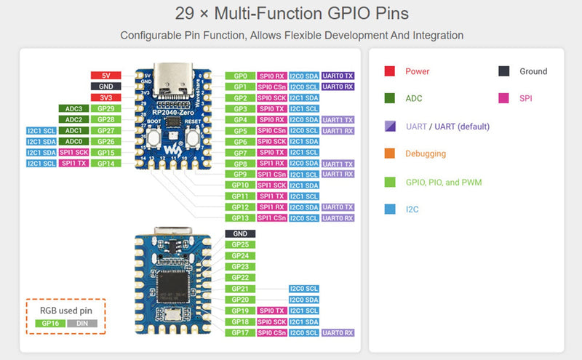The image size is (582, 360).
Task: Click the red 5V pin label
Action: click(105, 76)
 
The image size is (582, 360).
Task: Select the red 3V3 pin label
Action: click(105, 97)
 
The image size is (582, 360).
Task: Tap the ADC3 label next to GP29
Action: click(73, 108)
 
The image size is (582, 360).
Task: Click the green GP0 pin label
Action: click(240, 76)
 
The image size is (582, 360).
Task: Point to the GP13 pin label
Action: click(240, 217)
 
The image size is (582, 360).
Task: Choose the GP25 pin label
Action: click(240, 244)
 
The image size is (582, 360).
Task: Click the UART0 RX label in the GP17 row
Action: click(338, 332)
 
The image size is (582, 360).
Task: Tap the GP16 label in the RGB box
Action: click(49, 322)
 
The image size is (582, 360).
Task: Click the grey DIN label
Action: click(82, 322)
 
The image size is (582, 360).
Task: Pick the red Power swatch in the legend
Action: click(389, 71)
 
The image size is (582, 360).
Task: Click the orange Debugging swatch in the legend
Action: click(389, 154)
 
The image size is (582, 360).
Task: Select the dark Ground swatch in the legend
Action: click(503, 71)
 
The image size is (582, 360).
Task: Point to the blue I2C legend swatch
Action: click(389, 209)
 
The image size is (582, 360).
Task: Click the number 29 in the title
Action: click(183, 14)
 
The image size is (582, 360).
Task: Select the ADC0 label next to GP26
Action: click(73, 141)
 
